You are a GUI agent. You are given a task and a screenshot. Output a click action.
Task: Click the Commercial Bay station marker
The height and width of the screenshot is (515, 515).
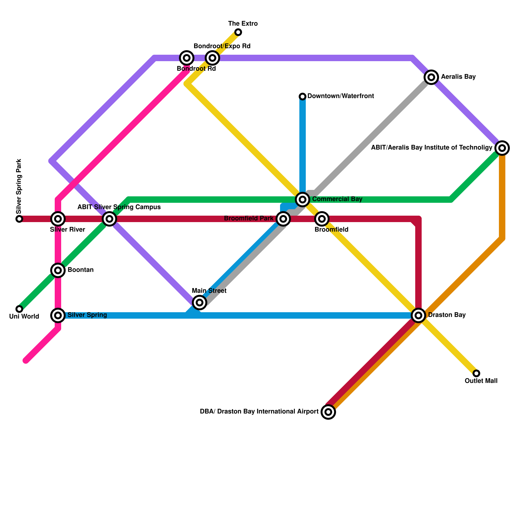tap(303, 200)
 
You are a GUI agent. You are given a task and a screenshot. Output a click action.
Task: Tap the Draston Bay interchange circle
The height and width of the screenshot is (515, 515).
tap(418, 315)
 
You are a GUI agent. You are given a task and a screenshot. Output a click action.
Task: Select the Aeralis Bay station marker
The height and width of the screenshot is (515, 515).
tap(431, 77)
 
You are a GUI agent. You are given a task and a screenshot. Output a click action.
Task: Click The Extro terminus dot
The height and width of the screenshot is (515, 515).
tap(238, 32)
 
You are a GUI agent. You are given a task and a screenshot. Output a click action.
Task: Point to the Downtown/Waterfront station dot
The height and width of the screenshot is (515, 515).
tap(303, 97)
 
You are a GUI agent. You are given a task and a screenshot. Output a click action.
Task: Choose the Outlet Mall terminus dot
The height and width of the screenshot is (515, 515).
tap(476, 373)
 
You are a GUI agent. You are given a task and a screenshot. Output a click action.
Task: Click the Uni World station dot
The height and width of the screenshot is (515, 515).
tap(19, 309)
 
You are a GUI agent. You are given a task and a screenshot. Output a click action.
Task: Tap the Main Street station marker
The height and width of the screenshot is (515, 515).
tap(200, 303)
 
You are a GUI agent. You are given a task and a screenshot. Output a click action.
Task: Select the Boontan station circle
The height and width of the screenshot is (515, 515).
tap(58, 270)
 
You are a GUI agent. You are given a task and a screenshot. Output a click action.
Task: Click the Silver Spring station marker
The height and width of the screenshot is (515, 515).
tap(58, 315)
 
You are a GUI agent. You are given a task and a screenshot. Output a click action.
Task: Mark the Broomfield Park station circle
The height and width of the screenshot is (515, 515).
tap(283, 219)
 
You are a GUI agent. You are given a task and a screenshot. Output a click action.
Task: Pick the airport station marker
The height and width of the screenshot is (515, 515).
tap(328, 412)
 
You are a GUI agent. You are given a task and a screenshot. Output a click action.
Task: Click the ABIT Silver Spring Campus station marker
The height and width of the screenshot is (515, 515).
tap(109, 219)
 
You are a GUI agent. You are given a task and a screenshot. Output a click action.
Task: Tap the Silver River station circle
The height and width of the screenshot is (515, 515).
tap(58, 219)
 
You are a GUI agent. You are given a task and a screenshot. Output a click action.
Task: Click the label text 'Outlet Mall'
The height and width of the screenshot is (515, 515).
tap(481, 381)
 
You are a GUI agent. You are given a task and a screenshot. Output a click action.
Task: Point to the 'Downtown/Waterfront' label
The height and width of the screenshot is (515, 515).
tap(341, 96)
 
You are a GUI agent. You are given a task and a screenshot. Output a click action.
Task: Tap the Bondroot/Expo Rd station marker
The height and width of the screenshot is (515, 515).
tap(212, 58)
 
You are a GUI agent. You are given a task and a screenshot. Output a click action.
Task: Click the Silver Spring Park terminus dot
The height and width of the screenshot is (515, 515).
tap(19, 219)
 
